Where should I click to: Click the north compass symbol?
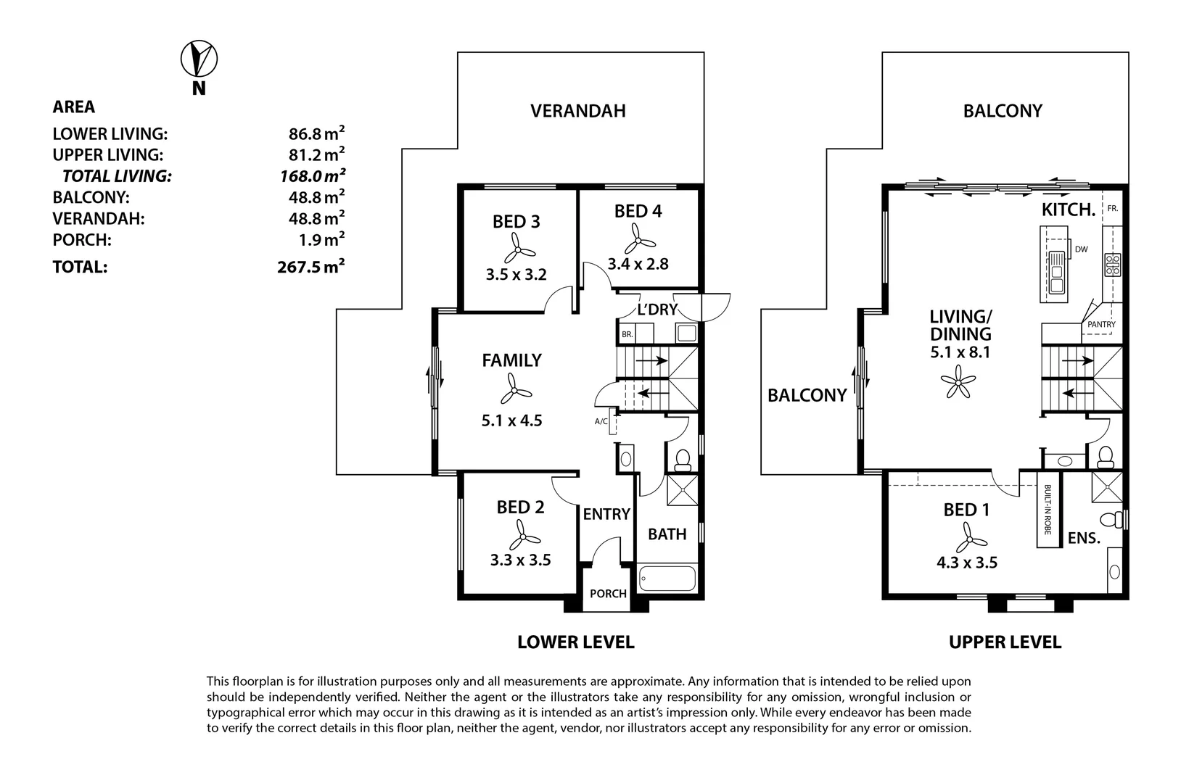coord(199,59)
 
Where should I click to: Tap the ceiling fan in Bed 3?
coord(517,249)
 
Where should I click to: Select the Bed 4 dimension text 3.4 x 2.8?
coord(638,263)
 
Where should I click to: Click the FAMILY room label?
coord(511,360)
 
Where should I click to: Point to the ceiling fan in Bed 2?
coord(523,536)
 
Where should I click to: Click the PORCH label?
coord(608,594)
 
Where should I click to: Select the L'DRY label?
coord(657,310)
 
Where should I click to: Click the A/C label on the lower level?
coord(601,421)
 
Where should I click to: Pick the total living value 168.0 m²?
coord(313,175)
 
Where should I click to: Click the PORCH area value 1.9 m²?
coord(321,240)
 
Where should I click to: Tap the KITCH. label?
coord(1069,210)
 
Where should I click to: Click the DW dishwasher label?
coord(1082,249)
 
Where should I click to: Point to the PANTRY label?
coord(1101,325)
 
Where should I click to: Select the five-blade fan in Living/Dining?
coord(958,381)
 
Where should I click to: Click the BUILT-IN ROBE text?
coord(1048,510)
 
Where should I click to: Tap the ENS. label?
coord(1084,538)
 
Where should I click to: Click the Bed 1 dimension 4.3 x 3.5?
coord(967,563)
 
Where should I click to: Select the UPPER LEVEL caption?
coord(1005,642)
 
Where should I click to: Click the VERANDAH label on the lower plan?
coord(578,111)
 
